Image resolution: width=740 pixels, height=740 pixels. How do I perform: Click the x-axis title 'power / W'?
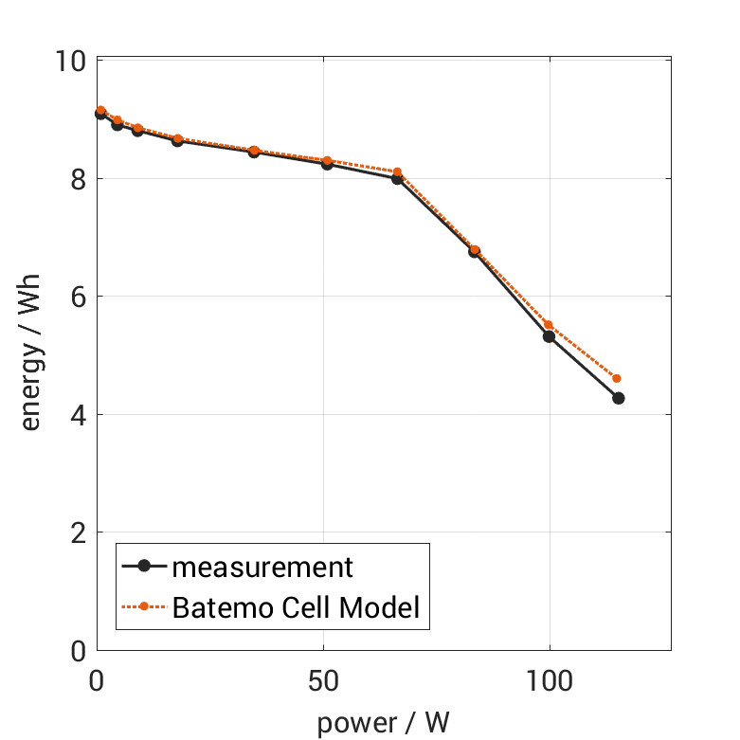tap(383, 722)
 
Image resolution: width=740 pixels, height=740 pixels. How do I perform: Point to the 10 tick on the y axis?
tap(72, 62)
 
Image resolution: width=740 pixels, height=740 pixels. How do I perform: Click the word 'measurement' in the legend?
tap(262, 568)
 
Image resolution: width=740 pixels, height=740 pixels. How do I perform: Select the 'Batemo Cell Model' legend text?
tap(296, 606)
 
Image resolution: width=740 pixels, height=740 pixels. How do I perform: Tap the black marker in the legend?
tap(144, 567)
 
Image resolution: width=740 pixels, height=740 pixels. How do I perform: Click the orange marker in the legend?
tap(144, 606)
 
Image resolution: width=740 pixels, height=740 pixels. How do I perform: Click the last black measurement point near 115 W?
tap(618, 398)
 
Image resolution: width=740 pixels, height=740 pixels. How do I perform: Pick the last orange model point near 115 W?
tap(617, 378)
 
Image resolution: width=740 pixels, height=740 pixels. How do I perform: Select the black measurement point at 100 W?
tap(549, 336)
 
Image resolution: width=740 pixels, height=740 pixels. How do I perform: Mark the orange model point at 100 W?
tap(548, 325)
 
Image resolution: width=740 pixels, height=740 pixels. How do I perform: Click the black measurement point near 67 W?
tap(397, 178)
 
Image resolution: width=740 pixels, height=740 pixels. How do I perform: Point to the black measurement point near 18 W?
tap(177, 140)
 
